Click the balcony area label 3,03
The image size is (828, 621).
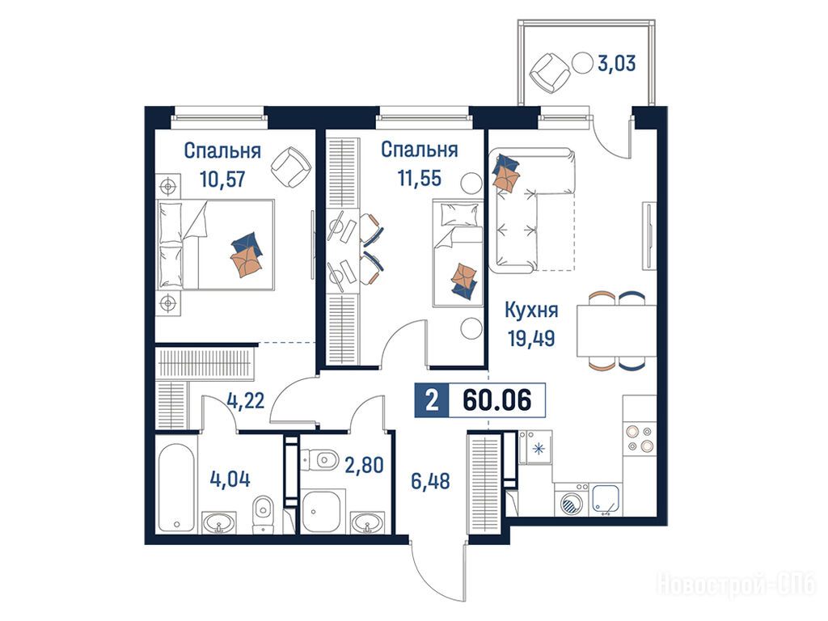click(x=616, y=64)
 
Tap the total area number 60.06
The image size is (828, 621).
click(x=496, y=400)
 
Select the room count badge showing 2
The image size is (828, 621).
click(x=432, y=400)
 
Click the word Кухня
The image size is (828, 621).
click(x=531, y=310)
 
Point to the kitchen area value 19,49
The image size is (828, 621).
click(x=531, y=337)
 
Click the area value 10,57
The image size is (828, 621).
click(x=222, y=179)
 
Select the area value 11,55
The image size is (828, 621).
click(x=420, y=178)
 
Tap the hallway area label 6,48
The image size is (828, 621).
click(x=430, y=481)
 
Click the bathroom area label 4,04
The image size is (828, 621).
click(x=230, y=479)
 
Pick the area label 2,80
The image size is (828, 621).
click(x=364, y=465)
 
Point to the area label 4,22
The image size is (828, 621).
click(x=245, y=401)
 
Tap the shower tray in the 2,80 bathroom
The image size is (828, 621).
click(x=323, y=512)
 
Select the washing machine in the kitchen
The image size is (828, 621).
click(x=571, y=500)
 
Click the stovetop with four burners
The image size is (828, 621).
click(x=640, y=439)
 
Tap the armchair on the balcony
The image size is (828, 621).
click(x=550, y=73)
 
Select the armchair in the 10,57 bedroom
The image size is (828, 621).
click(x=290, y=167)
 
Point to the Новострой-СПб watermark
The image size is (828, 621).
click(x=737, y=585)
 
